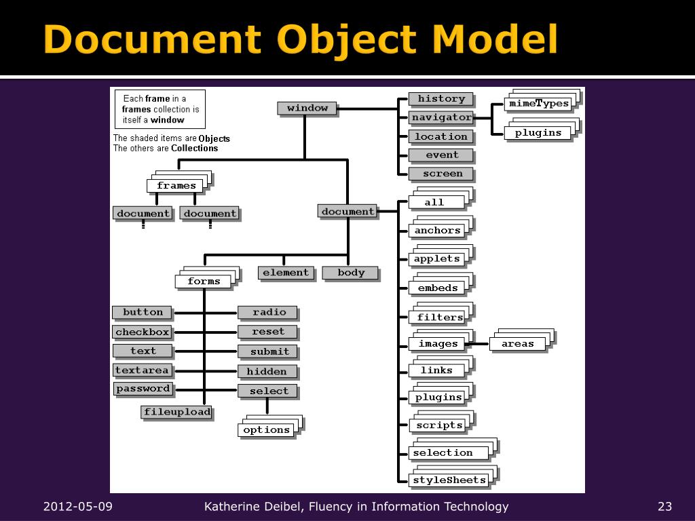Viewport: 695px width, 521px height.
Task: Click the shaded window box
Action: (307, 108)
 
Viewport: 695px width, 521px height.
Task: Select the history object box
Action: (440, 99)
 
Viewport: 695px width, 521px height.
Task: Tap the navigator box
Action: (440, 117)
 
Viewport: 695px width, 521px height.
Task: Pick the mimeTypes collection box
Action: (538, 104)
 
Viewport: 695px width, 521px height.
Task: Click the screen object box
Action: (442, 174)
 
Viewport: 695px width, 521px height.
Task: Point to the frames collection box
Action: (176, 186)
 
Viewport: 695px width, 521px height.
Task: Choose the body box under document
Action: (350, 273)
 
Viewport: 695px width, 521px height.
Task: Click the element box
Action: (286, 273)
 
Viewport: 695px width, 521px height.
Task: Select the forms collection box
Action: (204, 282)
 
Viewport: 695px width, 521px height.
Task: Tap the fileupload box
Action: (176, 412)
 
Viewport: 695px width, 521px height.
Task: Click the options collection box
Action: (266, 430)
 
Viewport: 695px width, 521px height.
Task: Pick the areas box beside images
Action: (517, 344)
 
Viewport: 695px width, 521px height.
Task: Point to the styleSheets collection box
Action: (449, 480)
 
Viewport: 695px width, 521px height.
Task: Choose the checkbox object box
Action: (142, 332)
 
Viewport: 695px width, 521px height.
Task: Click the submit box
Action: (269, 351)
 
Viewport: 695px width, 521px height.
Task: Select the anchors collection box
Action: (437, 231)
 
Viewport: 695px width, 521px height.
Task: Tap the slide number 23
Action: (664, 507)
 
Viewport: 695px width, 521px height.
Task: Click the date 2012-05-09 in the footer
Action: (78, 507)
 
